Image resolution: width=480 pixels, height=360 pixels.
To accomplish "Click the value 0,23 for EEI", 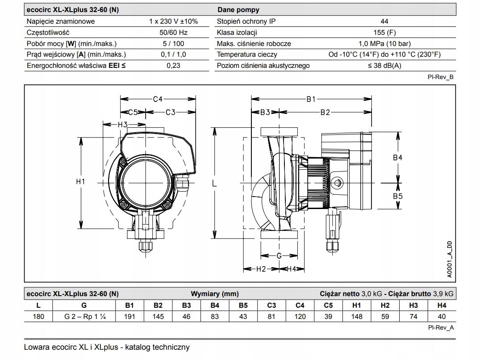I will point(173,66).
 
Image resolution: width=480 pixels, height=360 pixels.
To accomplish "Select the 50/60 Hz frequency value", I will point(173,32).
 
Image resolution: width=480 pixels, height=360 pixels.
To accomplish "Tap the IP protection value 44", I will point(384,21).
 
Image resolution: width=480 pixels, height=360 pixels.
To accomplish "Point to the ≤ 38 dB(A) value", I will point(384,66).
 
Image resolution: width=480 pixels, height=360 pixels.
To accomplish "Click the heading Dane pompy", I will point(238,9).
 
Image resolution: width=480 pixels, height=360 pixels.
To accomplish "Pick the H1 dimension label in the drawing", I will point(81,182).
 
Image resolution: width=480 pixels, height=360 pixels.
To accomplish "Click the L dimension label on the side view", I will point(214,183).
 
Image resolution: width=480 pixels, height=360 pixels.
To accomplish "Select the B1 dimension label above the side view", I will point(311,99).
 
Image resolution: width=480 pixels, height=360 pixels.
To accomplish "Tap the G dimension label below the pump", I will point(279,256).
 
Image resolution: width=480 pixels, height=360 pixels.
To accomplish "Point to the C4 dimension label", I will point(158,99).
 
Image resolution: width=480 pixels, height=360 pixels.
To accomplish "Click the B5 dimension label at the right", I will point(397,196).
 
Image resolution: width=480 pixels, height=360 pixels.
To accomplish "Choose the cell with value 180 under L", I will point(38,316).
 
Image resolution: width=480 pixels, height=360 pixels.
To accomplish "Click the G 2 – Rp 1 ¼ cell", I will point(84,316).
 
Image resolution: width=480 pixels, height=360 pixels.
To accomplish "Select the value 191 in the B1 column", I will point(129,316).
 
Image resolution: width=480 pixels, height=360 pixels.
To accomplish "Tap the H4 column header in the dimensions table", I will point(441,306).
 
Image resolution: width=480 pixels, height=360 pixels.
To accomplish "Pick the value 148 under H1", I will point(356,316).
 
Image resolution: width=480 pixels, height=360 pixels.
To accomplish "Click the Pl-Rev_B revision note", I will point(441,77).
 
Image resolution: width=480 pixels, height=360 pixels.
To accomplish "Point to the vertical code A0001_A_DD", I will point(449,260).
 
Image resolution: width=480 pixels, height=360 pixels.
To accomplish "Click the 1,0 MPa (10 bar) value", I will point(384,43).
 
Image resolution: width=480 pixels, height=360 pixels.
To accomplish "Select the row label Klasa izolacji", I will point(237,32).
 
